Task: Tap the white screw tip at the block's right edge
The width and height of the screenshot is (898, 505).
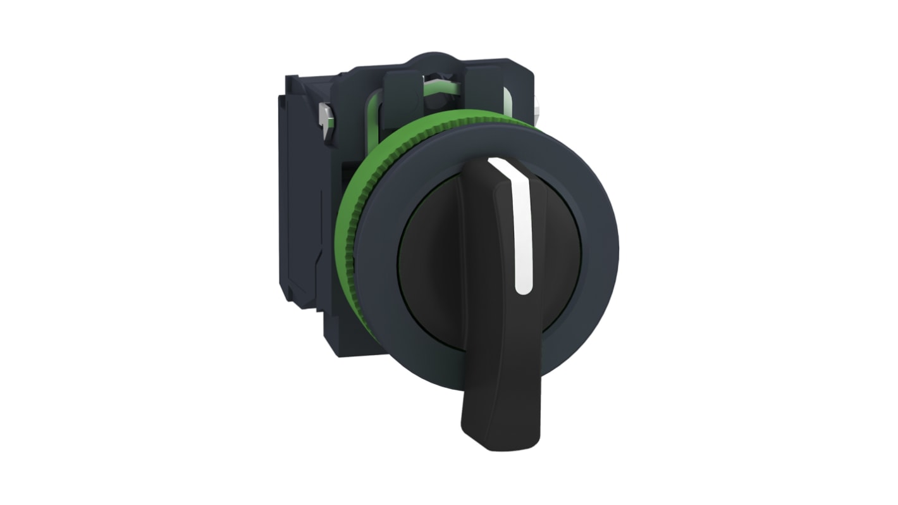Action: click(536, 115)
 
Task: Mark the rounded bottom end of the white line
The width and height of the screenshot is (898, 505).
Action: click(523, 289)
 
